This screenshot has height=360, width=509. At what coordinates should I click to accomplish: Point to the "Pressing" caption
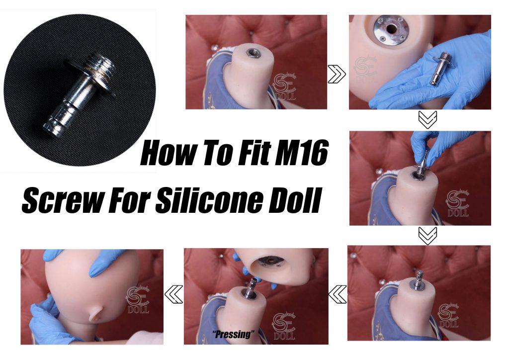234,334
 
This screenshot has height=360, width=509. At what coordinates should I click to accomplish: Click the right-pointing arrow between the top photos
337,74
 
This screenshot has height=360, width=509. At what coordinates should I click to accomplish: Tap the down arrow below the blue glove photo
427,119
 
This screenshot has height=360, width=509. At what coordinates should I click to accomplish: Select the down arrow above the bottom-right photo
427,236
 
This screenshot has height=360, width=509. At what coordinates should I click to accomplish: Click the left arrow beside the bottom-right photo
338,294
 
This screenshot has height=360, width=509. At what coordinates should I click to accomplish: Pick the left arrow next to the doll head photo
173,294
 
